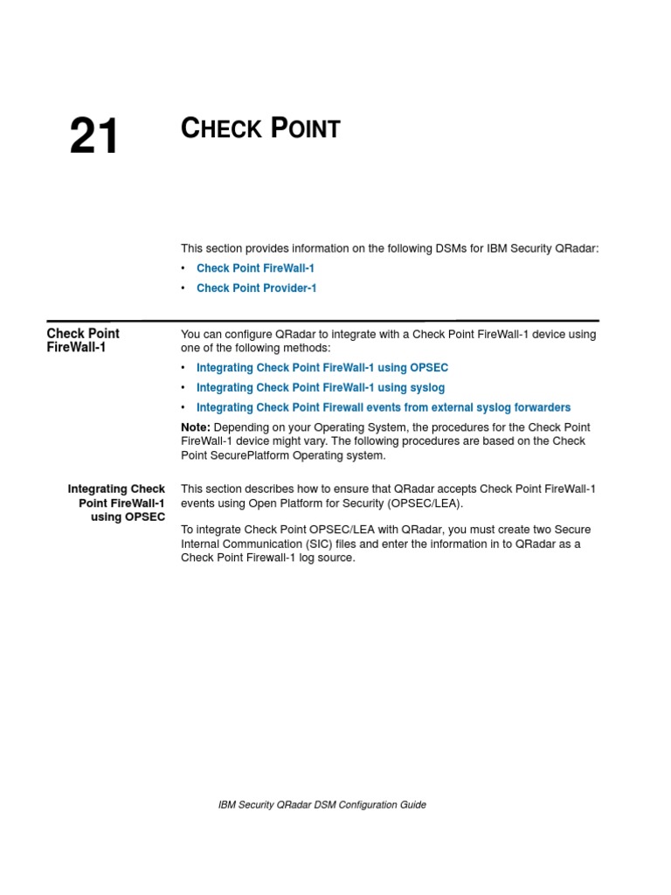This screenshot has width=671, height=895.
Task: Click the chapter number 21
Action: pos(93,137)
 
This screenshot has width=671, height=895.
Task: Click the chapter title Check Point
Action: pos(259,128)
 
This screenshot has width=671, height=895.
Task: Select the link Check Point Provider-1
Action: pos(256,288)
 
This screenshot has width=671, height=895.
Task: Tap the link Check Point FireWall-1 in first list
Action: pos(255,268)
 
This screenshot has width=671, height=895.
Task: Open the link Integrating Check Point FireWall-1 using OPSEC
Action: pos(322,368)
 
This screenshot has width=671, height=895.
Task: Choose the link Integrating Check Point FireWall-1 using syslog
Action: pos(320,387)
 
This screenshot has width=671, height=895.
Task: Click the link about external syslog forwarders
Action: pos(383,407)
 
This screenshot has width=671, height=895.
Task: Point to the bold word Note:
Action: pos(195,427)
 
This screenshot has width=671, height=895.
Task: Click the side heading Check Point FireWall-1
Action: pos(82,340)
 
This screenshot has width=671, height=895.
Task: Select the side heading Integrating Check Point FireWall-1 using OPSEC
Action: pos(117,503)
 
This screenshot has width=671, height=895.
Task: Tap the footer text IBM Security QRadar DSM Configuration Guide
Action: pos(322,804)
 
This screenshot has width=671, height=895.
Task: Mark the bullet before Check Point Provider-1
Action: pos(183,288)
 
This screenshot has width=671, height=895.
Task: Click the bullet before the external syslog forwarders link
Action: pos(183,407)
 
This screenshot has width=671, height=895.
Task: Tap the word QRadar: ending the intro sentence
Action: pos(577,248)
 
